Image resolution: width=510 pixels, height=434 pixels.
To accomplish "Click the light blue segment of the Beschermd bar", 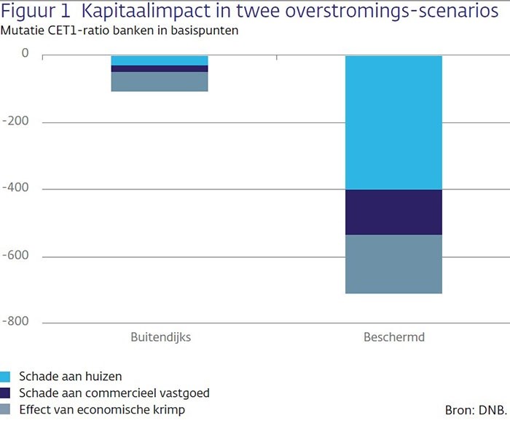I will (393, 122).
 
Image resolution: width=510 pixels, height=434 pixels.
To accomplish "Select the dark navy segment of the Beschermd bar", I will (393, 212).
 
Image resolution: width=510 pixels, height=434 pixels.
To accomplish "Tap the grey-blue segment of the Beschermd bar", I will (393, 264).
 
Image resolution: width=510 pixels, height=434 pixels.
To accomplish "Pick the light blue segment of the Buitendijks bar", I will (160, 60).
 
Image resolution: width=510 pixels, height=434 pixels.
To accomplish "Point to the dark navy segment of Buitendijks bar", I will (160, 68).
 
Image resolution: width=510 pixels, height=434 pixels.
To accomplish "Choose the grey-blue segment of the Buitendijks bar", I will (160, 82).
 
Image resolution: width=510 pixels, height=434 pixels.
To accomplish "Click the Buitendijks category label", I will (160, 338).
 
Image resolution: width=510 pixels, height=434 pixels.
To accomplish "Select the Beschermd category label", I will (393, 338).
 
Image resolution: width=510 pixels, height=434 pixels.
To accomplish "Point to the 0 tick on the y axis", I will (25, 55).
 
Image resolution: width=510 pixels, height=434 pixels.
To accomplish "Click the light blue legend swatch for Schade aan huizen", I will (6, 376).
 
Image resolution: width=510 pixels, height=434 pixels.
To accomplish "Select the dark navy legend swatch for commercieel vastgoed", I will (6, 393).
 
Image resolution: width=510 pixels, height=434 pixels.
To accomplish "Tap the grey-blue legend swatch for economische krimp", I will (6, 409).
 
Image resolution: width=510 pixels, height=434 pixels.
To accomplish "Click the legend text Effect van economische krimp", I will (103, 409).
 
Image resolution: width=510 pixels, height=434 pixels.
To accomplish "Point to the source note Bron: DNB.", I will (475, 410).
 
